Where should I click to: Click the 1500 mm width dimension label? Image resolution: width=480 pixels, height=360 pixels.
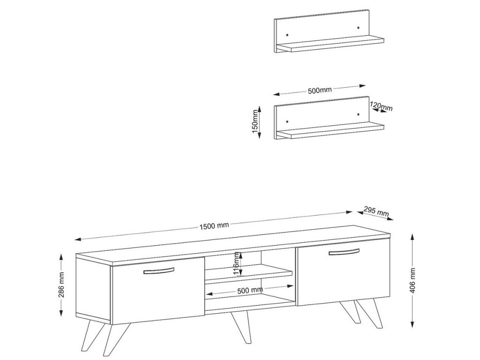[x=214, y=226]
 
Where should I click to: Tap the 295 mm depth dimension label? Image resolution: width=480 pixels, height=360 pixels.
[x=376, y=211]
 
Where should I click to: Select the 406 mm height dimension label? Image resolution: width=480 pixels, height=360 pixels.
[x=412, y=280]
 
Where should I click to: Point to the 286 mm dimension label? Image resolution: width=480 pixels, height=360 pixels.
[x=61, y=285]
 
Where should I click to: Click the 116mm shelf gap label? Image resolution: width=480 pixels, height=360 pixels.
[x=237, y=263]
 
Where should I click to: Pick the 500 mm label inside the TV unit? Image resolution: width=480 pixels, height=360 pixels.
[x=250, y=290]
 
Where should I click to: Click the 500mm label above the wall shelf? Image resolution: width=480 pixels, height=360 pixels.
[x=319, y=90]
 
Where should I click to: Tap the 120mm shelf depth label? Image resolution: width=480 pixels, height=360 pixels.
[x=381, y=106]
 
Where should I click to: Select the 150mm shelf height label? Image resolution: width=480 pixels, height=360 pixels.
[x=255, y=121]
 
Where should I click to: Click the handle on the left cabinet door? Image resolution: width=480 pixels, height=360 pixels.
[x=159, y=271]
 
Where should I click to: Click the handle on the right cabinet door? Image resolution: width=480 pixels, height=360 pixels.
[x=344, y=252]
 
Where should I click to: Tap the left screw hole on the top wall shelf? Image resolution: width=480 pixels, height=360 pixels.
[x=287, y=34]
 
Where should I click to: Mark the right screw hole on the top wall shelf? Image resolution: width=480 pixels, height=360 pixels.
[x=358, y=28]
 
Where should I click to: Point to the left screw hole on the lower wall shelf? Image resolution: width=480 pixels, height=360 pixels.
[x=287, y=121]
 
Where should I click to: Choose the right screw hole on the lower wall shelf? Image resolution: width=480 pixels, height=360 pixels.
[x=358, y=114]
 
